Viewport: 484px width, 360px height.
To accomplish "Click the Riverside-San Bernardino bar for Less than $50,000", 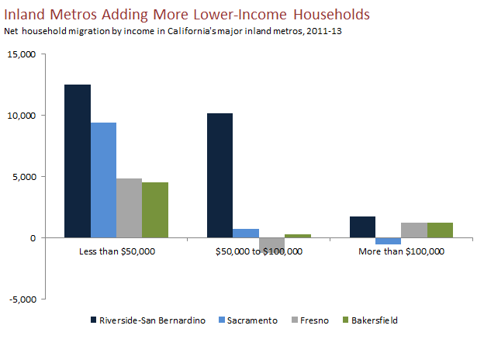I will click(78, 161).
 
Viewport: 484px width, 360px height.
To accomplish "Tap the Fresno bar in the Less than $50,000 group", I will click(130, 208).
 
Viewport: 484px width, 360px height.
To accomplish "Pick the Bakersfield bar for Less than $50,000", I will click(155, 209).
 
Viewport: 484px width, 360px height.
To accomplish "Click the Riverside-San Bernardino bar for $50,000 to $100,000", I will click(220, 175).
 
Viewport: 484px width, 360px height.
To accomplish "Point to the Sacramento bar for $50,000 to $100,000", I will click(246, 233).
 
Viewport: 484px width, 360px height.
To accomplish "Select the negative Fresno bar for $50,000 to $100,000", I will click(271, 244).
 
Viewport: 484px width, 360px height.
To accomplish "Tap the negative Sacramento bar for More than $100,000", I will click(388, 241).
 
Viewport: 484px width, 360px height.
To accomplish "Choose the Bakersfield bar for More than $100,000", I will click(440, 230).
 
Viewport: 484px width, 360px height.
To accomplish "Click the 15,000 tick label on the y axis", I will click(22, 54).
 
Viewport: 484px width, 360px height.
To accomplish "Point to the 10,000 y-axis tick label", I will click(22, 116).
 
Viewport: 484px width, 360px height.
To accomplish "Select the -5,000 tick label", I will click(23, 299).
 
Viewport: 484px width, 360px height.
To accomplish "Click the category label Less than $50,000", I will click(116, 251).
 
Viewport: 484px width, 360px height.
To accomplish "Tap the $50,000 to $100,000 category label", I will click(258, 251).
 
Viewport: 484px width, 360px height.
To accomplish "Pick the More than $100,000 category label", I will click(401, 251).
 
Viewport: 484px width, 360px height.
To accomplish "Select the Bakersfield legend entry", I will click(374, 320).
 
